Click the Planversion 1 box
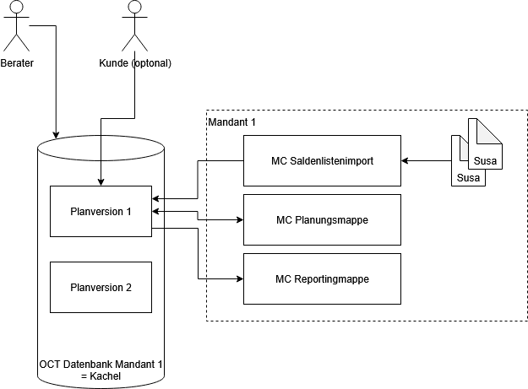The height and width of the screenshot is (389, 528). click(101, 211)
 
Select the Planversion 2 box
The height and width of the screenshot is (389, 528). click(101, 287)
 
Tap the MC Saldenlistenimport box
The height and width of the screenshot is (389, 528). click(322, 160)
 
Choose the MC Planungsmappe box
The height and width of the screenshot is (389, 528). click(322, 219)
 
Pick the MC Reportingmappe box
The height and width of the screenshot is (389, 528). click(322, 278)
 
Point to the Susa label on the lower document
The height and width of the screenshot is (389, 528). click(468, 178)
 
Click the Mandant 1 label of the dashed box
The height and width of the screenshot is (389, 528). click(231, 122)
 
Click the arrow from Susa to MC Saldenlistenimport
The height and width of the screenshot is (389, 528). click(426, 160)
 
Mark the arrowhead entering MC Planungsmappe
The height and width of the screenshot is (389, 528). click(239, 219)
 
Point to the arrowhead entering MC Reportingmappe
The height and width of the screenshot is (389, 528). click(239, 278)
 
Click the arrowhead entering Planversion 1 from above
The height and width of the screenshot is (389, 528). click(101, 181)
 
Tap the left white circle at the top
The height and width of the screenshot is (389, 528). click(16, 7)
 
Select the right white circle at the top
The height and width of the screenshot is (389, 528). click(134, 7)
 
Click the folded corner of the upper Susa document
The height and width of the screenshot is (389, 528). click(493, 127)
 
